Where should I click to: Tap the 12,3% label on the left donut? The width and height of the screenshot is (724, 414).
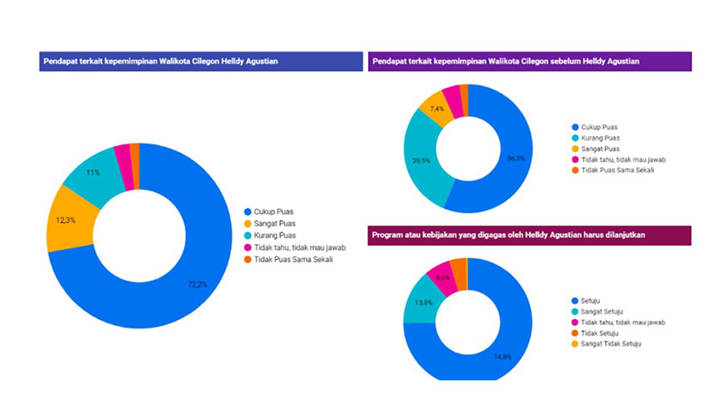click(66, 220)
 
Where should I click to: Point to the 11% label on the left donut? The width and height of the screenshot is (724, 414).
click(92, 172)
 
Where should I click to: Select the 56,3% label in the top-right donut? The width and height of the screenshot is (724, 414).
click(515, 159)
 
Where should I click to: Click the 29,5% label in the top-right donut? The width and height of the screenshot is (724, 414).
click(421, 160)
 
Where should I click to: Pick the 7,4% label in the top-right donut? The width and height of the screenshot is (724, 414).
click(437, 110)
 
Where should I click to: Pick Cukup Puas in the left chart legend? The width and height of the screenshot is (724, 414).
click(271, 211)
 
